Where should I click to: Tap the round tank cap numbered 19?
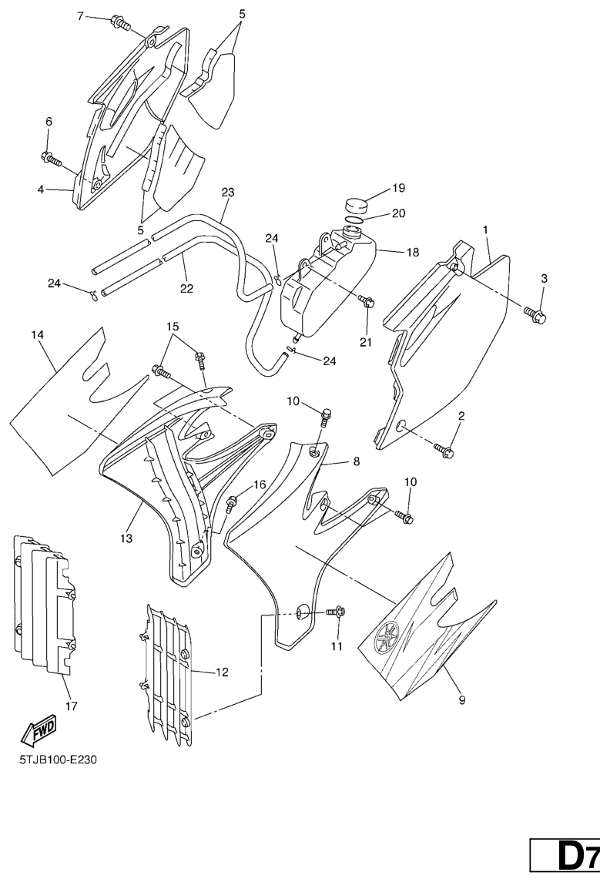pos(355,205)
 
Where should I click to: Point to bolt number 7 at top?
pos(121,23)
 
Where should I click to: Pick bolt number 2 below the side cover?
pos(444,449)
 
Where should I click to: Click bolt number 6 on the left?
pos(52,159)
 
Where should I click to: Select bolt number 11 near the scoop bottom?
pos(336,612)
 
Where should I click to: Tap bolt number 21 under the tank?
pos(367,301)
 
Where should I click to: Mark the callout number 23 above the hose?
pos(227,192)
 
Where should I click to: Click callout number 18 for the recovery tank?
pos(412,252)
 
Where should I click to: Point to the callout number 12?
pos(222,672)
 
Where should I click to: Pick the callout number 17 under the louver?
pos(72,706)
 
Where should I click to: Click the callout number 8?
pos(357,462)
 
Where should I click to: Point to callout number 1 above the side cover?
pos(485,230)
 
